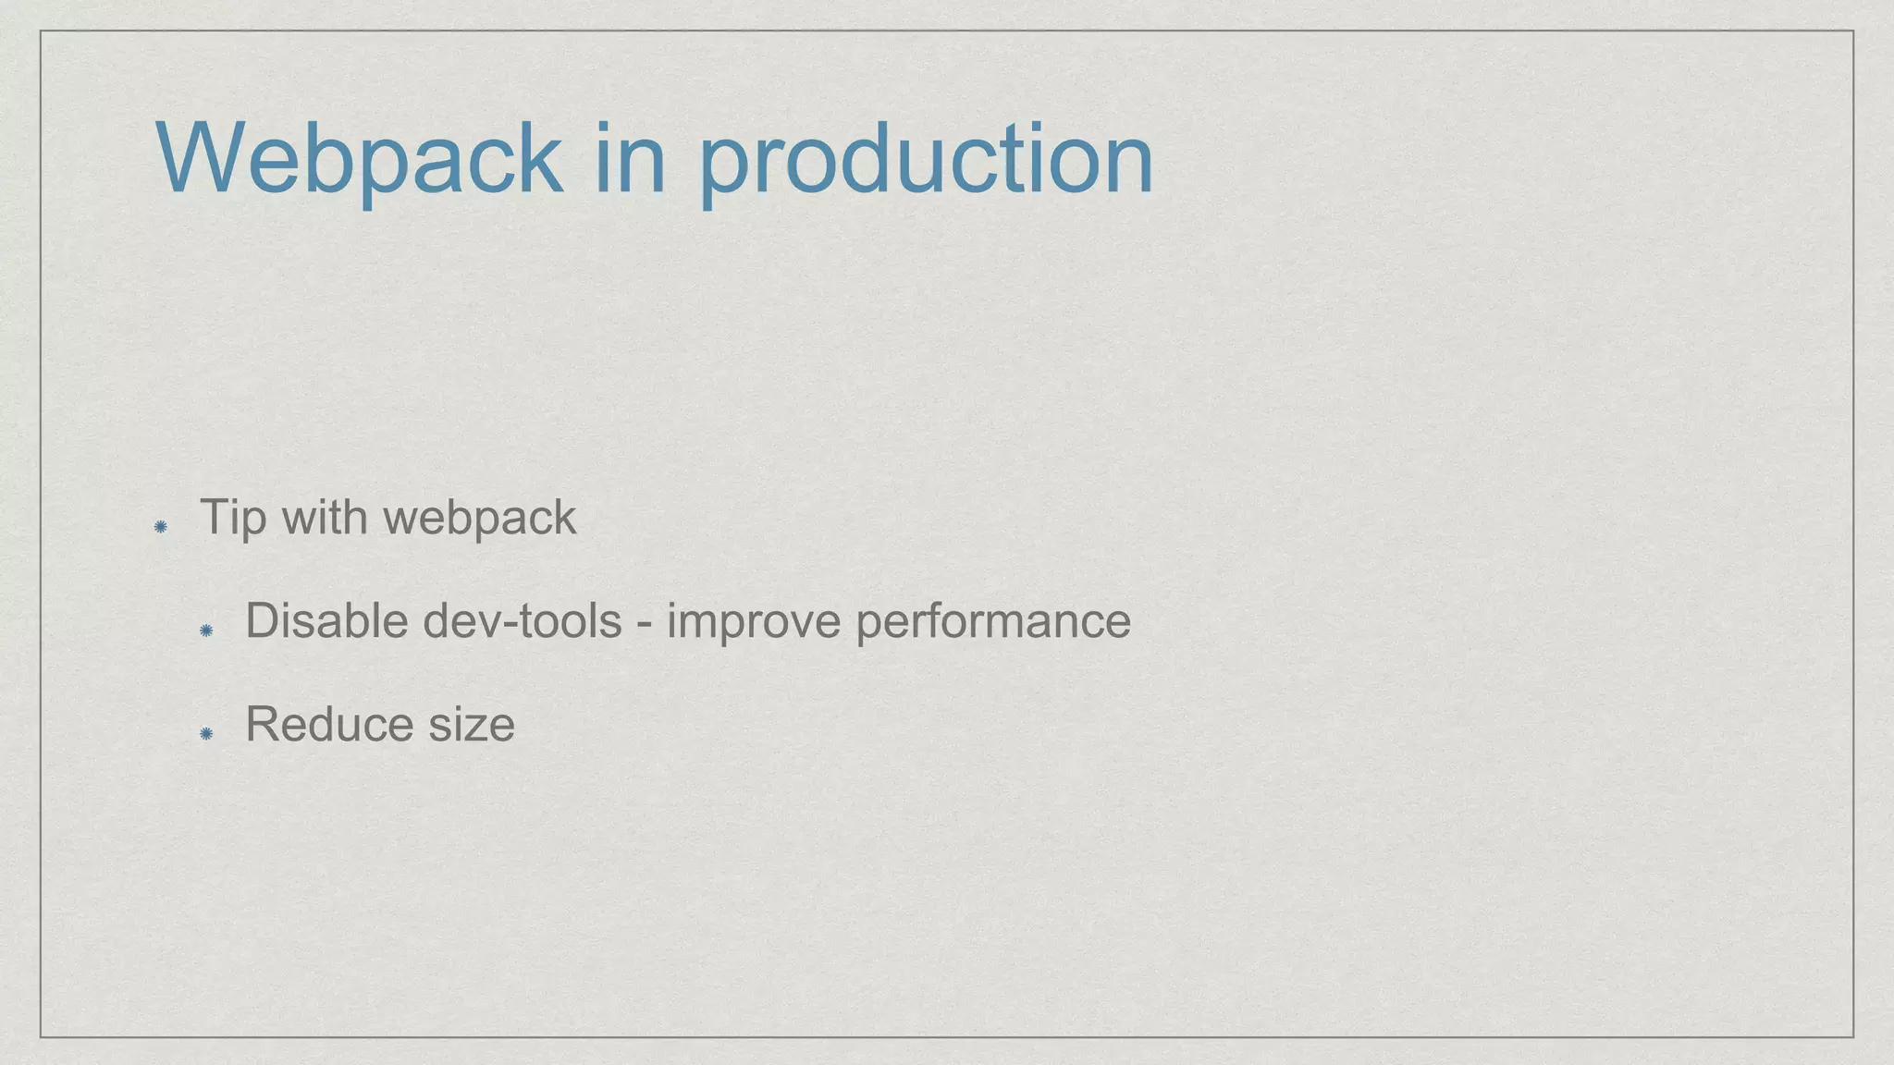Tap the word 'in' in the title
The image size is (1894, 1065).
click(x=629, y=159)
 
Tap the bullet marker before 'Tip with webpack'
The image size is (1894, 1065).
click(x=160, y=527)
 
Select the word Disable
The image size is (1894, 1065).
click(x=327, y=620)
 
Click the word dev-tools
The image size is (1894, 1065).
click(x=523, y=620)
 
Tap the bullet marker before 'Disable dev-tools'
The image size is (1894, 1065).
click(x=206, y=630)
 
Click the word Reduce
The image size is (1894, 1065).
click(x=328, y=724)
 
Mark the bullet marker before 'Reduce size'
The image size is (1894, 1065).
click(x=206, y=734)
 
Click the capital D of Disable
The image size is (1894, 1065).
click(x=263, y=620)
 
